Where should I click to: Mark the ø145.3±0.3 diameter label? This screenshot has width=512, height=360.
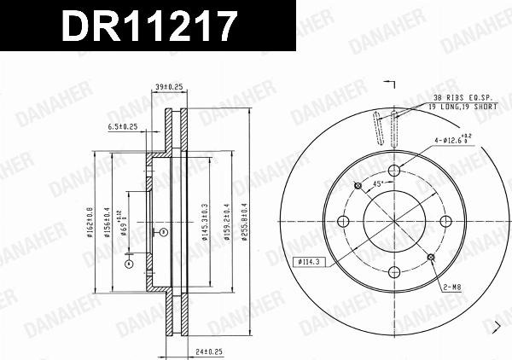pos(206,222)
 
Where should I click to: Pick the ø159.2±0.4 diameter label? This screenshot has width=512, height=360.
pos(226,222)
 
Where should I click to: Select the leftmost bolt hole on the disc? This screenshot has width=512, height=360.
pos(344,221)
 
